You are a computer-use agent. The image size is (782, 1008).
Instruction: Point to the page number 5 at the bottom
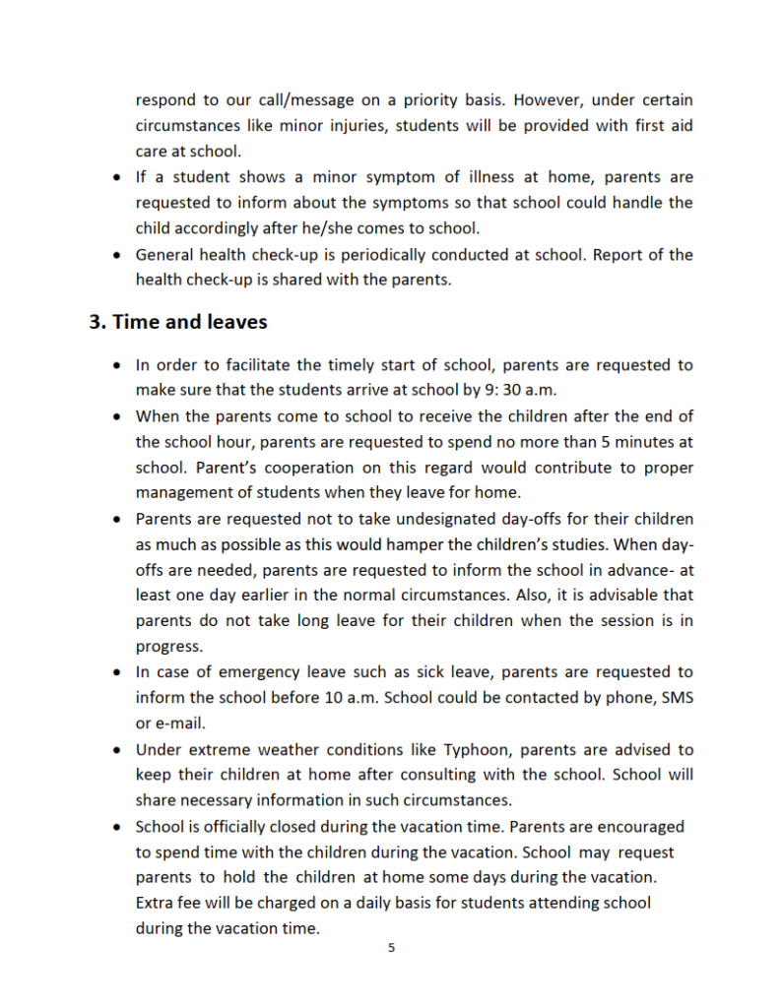392,948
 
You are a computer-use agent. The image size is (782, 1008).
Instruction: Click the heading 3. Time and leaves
178,322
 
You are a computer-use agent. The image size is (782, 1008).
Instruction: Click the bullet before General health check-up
117,255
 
